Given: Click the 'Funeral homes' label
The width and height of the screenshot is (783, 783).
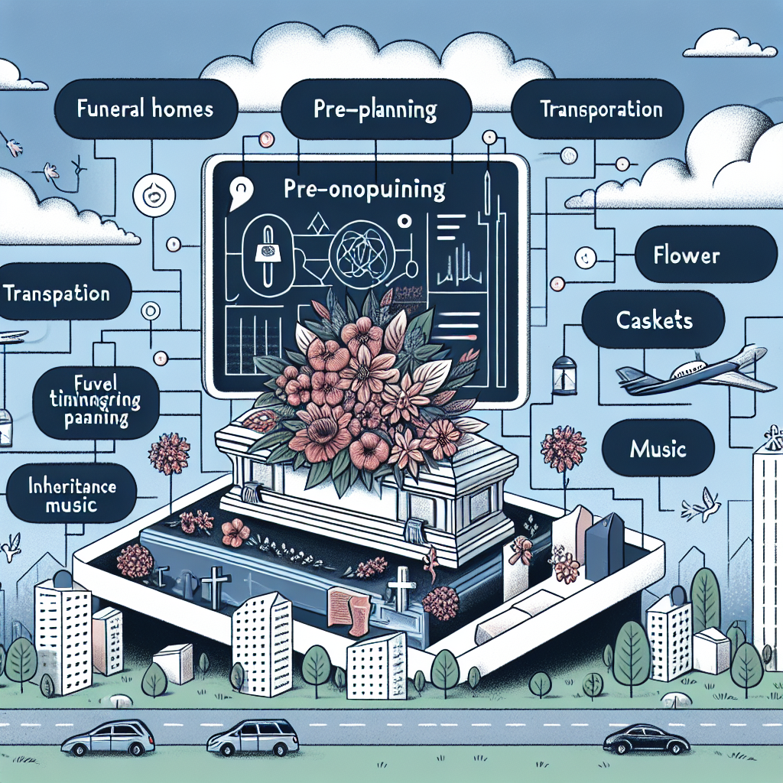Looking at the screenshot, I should click(145, 109).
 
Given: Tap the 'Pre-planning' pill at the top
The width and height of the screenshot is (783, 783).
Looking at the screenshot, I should click(375, 110).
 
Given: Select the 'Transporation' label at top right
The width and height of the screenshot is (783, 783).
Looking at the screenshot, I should click(600, 109).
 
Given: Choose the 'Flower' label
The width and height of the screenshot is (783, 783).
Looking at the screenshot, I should click(686, 255).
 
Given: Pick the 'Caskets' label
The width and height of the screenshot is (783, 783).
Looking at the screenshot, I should click(654, 320).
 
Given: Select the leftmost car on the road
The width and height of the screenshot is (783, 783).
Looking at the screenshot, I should click(108, 738).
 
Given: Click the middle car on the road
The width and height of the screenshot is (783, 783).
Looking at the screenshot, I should click(253, 738).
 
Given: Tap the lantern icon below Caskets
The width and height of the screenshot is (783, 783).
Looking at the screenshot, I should click(563, 372).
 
